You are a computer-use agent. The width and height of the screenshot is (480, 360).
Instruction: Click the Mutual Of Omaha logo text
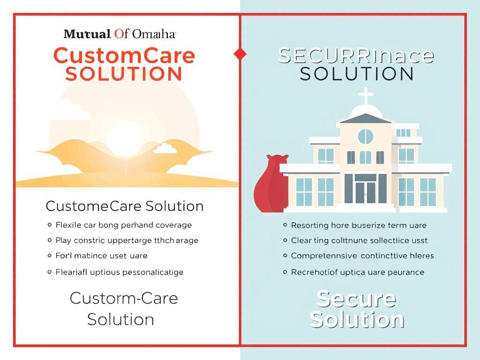pyautogui.click(x=120, y=34)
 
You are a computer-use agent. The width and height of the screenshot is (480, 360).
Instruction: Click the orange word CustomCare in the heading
pyautogui.click(x=124, y=56)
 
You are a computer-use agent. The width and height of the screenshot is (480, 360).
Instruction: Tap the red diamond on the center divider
pyautogui.click(x=240, y=54)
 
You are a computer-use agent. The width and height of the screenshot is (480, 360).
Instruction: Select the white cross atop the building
pyautogui.click(x=366, y=95)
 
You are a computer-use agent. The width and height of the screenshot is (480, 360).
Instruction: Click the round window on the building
pyautogui.click(x=366, y=136)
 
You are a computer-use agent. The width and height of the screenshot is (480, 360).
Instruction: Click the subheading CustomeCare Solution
pyautogui.click(x=124, y=206)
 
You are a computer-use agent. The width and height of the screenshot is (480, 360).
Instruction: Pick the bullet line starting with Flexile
pyautogui.click(x=124, y=225)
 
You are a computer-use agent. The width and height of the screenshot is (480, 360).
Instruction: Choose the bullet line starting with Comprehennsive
pyautogui.click(x=362, y=256)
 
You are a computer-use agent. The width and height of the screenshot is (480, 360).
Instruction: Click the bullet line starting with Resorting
pyautogui.click(x=359, y=225)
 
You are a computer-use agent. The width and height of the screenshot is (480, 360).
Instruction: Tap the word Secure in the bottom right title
pyautogui.click(x=356, y=299)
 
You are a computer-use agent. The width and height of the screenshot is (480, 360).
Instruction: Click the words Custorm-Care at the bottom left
pyautogui.click(x=124, y=299)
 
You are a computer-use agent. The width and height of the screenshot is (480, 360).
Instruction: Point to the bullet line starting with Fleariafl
pyautogui.click(x=119, y=272)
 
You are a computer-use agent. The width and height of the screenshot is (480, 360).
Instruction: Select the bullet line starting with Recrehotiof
pyautogui.click(x=357, y=272)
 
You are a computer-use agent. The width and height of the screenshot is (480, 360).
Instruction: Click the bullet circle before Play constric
pyautogui.click(x=50, y=240)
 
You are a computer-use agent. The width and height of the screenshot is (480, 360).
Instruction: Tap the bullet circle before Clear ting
pyautogui.click(x=285, y=240)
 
